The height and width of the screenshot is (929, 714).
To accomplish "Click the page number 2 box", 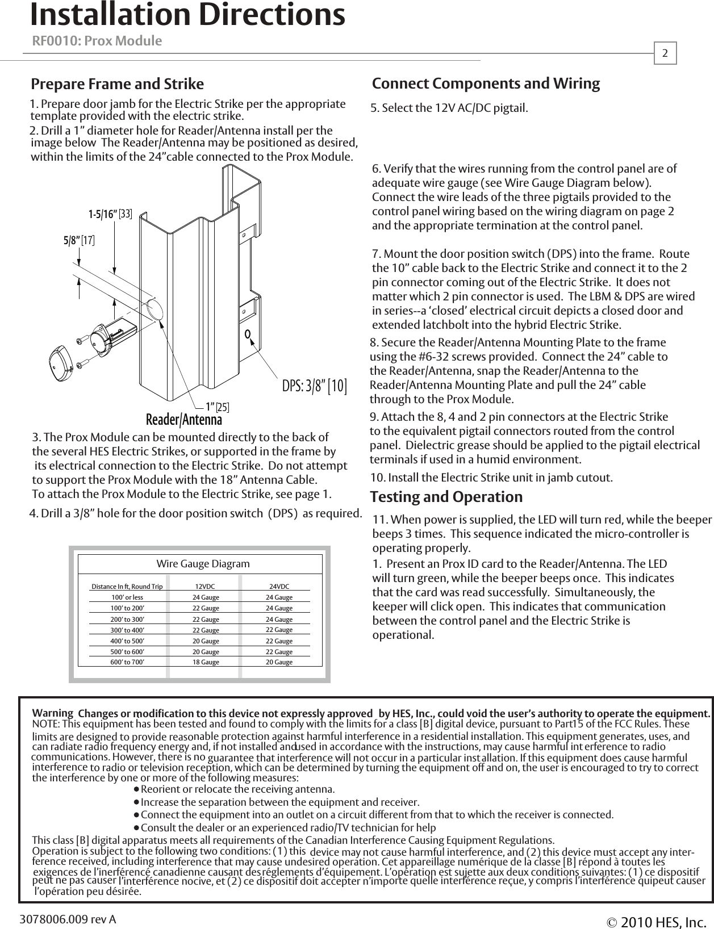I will pyautogui.click(x=666, y=53).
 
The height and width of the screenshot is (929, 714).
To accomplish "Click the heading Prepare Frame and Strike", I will pyautogui.click(x=117, y=85).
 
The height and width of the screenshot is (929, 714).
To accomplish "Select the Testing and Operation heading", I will pyautogui.click(x=446, y=497).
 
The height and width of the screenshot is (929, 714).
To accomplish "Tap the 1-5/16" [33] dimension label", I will pyautogui.click(x=110, y=214).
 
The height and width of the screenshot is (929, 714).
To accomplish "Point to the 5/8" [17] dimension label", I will pyautogui.click(x=78, y=241).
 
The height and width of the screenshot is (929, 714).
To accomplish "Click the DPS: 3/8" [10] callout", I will pyautogui.click(x=314, y=386).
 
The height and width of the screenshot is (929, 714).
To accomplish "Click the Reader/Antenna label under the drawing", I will pyautogui.click(x=184, y=420).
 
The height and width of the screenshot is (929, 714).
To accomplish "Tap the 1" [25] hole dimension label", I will pyautogui.click(x=218, y=407).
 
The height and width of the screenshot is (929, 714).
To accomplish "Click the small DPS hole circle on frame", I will pyautogui.click(x=248, y=333).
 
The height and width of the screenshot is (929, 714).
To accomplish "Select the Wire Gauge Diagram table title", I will pyautogui.click(x=203, y=564).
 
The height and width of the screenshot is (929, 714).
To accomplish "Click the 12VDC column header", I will pyautogui.click(x=205, y=587).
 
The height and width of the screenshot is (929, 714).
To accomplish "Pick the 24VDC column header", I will pyautogui.click(x=279, y=587).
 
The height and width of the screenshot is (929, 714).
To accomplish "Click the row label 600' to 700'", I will pyautogui.click(x=127, y=662).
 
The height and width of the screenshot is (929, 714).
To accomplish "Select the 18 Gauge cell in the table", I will pyautogui.click(x=206, y=662).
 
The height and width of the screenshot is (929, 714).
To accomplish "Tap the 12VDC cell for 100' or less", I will pyautogui.click(x=206, y=597).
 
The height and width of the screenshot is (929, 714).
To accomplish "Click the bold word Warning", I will pyautogui.click(x=53, y=713).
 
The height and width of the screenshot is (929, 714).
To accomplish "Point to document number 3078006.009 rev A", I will pyautogui.click(x=68, y=919).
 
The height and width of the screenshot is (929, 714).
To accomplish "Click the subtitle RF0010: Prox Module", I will pyautogui.click(x=97, y=41).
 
